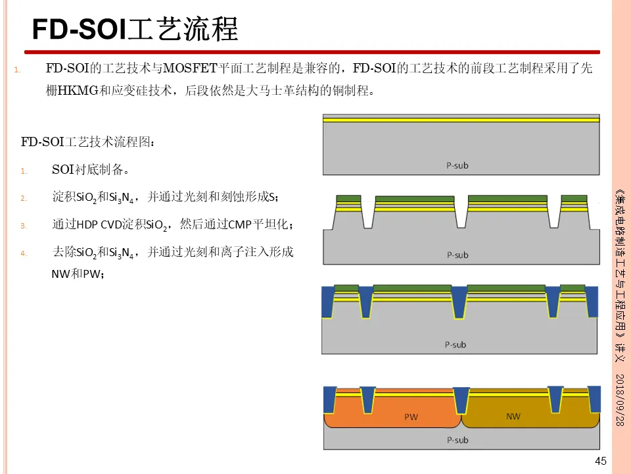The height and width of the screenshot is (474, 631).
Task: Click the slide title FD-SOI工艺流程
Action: pos(135,29)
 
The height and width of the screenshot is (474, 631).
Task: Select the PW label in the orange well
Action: pos(411,417)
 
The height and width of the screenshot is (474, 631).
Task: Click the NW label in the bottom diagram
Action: pos(513,416)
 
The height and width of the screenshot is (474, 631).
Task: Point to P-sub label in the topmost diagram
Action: pos(457,165)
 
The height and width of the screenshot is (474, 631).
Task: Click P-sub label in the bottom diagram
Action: pos(457,440)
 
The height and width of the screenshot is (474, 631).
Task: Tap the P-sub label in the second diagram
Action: pos(457,255)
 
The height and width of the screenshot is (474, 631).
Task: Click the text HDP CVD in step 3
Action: pos(96,225)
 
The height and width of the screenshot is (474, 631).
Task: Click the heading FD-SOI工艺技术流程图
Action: pos(89,142)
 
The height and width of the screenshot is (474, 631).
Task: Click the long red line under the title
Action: pos(312,52)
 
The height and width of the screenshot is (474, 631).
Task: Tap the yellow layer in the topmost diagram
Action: pos(461,120)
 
